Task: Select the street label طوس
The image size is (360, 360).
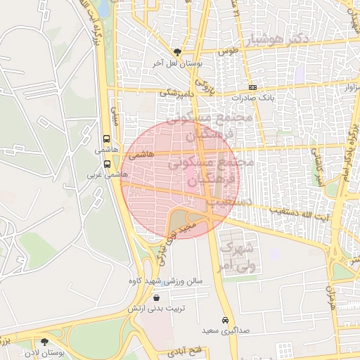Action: (x=229, y=51)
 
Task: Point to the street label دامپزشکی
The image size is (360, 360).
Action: (x=176, y=92)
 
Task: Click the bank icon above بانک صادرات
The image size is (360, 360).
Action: (x=253, y=88)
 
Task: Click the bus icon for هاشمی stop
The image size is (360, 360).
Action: (x=106, y=139)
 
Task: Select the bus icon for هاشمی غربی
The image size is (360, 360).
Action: (x=107, y=163)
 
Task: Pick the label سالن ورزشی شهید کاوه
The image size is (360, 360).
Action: (x=165, y=281)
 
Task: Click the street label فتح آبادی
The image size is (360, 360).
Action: (x=186, y=349)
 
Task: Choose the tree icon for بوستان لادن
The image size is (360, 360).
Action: (x=44, y=342)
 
